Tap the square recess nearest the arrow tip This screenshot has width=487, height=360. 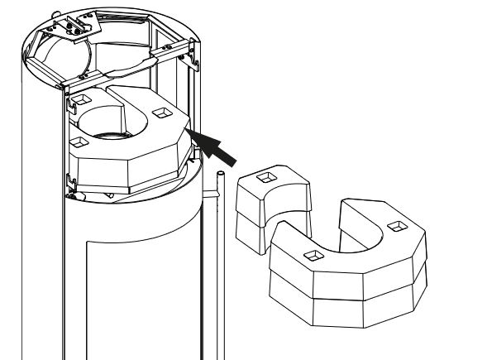coord(160,111)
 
